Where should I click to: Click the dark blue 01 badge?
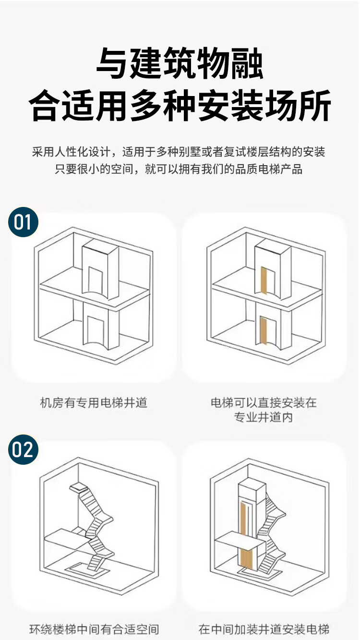23,222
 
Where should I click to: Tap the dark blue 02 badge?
23,450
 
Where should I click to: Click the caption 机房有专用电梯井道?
94,402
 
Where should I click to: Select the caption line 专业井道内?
264,417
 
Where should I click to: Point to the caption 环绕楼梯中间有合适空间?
94,629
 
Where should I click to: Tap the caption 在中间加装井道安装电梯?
264,629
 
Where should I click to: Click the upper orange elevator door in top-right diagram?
264,280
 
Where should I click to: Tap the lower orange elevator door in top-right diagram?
264,331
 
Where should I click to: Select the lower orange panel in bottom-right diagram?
246,558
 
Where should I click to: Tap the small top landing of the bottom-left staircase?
79,487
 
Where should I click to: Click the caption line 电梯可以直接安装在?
264,402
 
